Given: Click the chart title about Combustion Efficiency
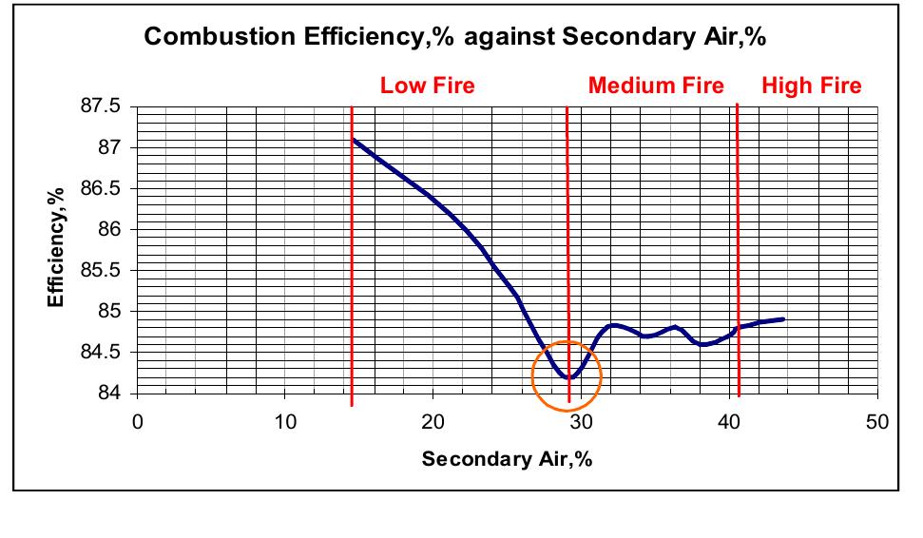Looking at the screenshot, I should pos(455,38).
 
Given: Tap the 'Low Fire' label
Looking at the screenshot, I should pos(427,86).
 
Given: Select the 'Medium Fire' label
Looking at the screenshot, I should pos(656,86).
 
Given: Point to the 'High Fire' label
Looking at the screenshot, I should pos(811,86).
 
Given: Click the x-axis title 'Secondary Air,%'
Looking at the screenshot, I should pos(508,459).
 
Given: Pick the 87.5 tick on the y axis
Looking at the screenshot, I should pos(101,106).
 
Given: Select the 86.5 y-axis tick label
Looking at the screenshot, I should pos(101,188).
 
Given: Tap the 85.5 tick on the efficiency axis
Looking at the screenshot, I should pos(101,270).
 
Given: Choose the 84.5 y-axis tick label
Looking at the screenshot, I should pos(101,352).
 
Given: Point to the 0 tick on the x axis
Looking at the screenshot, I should pos(138,421).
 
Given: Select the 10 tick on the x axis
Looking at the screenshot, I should pos(285,421).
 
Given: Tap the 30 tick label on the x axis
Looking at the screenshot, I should pos(581,421).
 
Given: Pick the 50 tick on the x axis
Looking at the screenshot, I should pos(876,421).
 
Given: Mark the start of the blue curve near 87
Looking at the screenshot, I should pos(354,140).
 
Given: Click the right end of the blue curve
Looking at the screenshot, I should pos(783,319).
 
